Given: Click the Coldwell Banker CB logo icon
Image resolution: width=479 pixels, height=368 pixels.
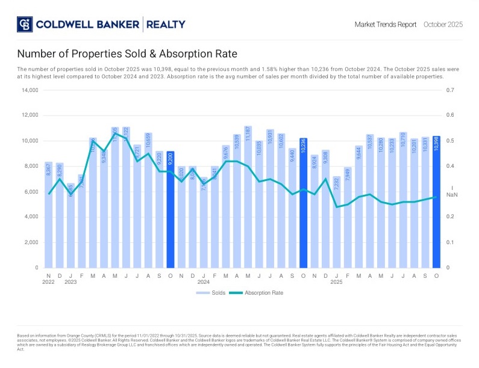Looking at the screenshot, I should point(25,24).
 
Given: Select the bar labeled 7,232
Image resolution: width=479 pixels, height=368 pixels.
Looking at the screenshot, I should point(337,222).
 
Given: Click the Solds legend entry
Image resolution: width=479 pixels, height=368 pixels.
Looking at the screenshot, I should point(210,293).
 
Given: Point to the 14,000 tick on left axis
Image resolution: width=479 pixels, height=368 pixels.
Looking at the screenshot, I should point(30,90).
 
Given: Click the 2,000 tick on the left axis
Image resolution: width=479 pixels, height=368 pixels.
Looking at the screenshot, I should point(31,242).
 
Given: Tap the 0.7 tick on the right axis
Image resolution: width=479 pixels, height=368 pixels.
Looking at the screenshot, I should point(449,90).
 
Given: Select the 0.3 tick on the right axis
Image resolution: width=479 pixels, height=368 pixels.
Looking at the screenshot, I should point(449,192).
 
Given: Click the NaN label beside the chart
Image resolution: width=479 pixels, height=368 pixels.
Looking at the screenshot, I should point(452,195).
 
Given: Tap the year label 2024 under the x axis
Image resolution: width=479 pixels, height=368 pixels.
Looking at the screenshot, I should point(204,281).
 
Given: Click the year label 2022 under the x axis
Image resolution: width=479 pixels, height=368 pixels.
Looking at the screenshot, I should point(48,281).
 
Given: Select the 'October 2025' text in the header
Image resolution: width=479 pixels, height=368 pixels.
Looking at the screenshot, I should point(443,25).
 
